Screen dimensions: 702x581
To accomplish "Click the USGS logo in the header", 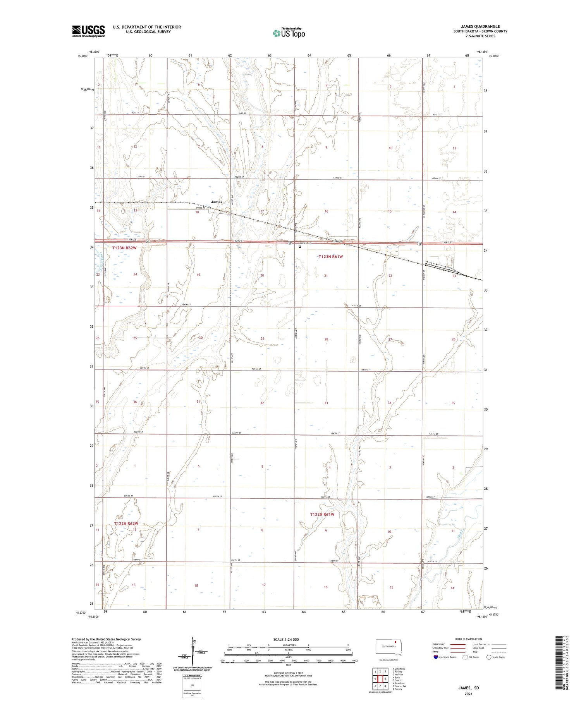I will point(88,31).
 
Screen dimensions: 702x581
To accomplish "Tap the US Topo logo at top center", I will point(289,33).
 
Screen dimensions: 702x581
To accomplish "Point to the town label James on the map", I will point(217,202).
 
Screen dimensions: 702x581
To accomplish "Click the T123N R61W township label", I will point(330,257).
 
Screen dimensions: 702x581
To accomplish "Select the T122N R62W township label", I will point(126,523).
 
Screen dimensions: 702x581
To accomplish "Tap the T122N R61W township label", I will point(322,514).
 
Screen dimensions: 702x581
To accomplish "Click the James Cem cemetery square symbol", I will point(300,246).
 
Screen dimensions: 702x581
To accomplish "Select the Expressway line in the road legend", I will point(460,644).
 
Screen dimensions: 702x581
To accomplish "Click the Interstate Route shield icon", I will point(436,657).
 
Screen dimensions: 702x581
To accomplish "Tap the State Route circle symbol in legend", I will point(489,657).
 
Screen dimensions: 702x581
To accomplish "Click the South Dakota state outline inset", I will point(389,647).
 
